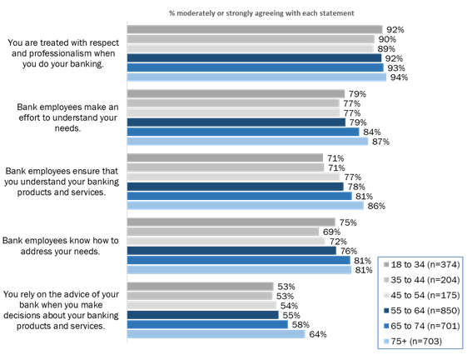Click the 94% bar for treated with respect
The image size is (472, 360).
[x=256, y=77]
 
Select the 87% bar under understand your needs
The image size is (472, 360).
[x=247, y=142]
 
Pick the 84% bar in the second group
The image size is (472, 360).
[x=243, y=132]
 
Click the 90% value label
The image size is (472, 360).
[x=387, y=38]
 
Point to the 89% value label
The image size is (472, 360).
[x=385, y=48]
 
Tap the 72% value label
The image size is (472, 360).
[x=336, y=241]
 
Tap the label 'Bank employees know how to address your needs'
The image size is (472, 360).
[x=62, y=246]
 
